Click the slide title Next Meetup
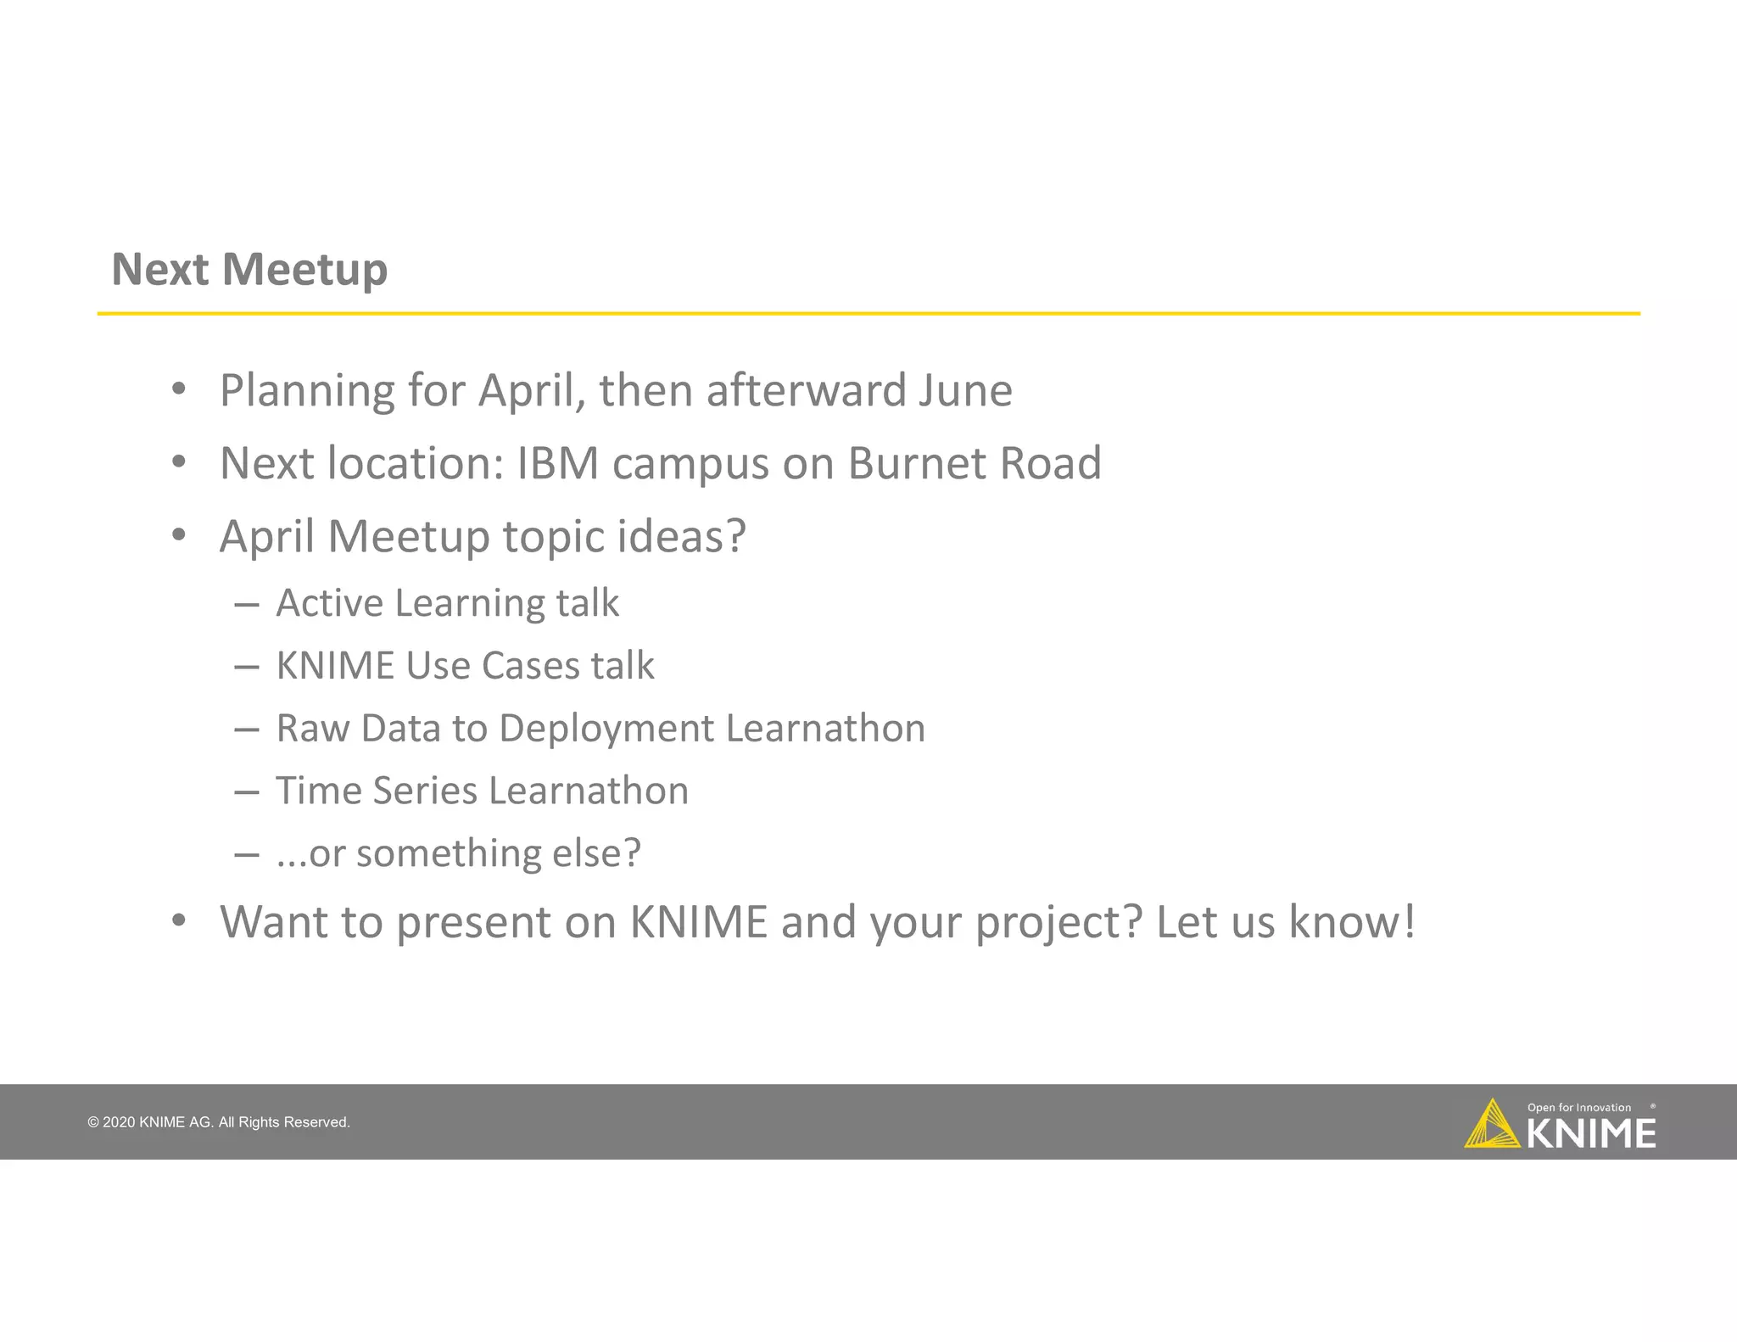coord(249,270)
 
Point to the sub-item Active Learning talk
coord(447,603)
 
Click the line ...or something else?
coord(458,853)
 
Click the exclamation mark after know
coord(1409,921)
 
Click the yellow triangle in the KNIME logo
coord(1490,1127)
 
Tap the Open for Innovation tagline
coord(1578,1108)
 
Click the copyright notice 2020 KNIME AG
coord(218,1122)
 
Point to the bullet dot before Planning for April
coord(178,390)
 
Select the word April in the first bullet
coord(531,391)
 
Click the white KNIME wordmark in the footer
coord(1591,1134)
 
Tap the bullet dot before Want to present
coord(178,920)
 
